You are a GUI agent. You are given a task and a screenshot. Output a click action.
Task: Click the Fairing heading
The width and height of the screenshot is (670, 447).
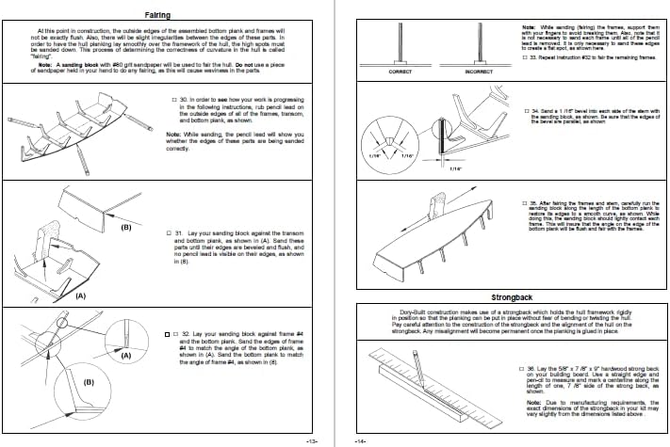[x=157, y=15]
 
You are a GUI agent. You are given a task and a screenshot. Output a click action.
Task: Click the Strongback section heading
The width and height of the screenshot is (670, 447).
[x=511, y=297]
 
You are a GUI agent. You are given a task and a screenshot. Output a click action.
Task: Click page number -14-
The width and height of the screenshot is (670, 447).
[x=357, y=440]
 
